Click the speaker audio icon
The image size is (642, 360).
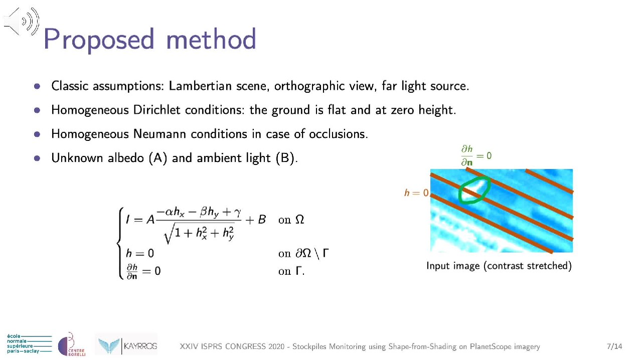tap(22, 22)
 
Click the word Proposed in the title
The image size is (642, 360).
tap(99, 40)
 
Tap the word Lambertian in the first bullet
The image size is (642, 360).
tap(200, 86)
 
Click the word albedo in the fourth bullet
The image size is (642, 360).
tap(126, 158)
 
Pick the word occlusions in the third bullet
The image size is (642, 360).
tap(338, 134)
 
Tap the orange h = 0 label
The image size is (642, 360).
tap(416, 193)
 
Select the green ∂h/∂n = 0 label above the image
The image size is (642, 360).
tap(476, 155)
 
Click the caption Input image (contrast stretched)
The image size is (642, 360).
tap(499, 266)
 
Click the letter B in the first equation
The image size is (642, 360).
tap(262, 220)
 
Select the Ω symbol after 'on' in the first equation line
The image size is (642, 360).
tap(299, 220)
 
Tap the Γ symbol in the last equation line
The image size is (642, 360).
tap(298, 271)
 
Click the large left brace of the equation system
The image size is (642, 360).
tap(120, 243)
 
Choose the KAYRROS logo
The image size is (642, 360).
tap(126, 345)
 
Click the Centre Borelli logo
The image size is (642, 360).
tap(71, 345)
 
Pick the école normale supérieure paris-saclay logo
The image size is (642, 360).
tap(29, 343)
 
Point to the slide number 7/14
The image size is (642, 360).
tap(614, 346)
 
